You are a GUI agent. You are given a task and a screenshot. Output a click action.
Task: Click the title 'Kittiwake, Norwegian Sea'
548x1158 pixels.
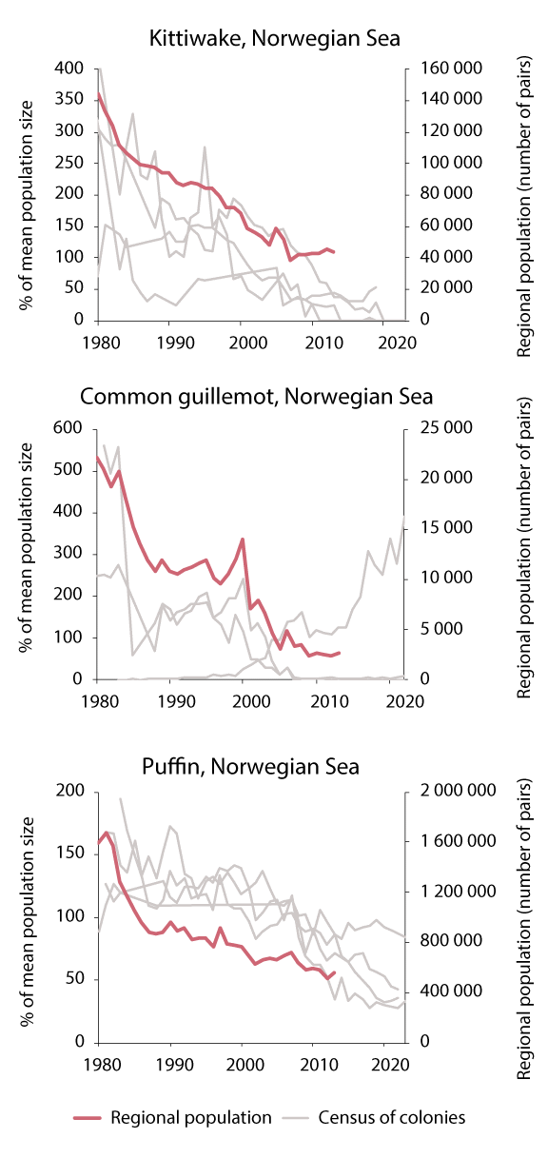274,38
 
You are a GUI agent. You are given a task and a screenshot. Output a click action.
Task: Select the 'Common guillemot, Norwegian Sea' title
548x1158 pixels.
274,397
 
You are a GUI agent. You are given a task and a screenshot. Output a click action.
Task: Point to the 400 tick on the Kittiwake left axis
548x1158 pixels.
71,69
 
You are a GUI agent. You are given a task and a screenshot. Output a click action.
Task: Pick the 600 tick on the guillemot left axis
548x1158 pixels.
71,428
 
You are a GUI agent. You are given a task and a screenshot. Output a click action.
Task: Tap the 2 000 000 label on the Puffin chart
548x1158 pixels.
450,792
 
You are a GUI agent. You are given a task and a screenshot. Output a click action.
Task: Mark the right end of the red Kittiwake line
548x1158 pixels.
335,252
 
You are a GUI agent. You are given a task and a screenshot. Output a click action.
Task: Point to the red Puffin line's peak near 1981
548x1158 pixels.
107,833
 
